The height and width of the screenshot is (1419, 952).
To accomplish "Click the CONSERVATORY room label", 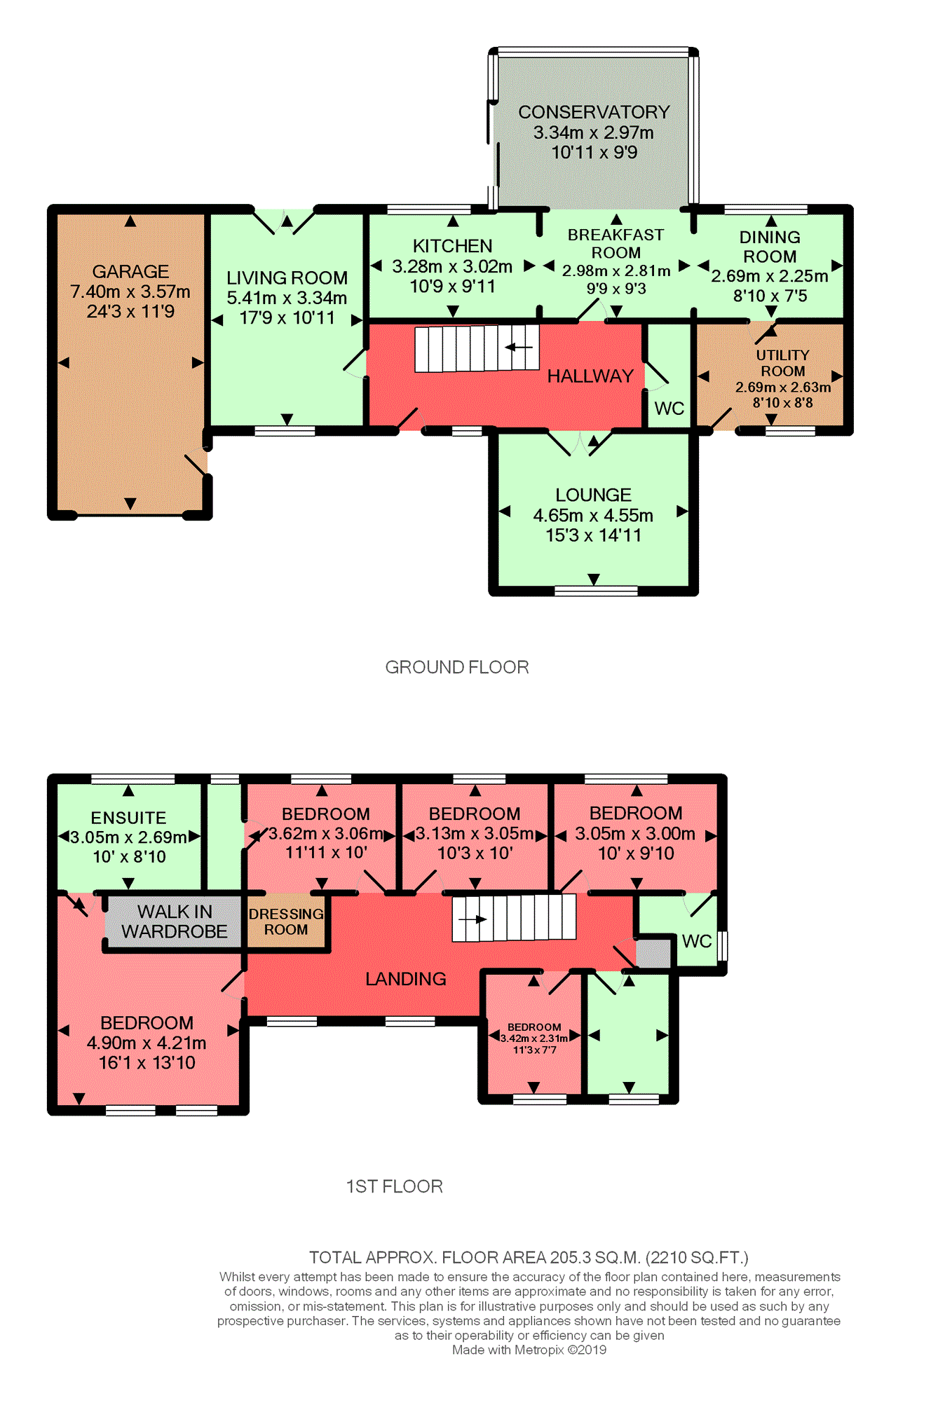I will [594, 112].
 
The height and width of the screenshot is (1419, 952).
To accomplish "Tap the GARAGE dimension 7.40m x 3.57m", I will [130, 292].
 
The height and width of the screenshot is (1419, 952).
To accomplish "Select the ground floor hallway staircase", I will [476, 348].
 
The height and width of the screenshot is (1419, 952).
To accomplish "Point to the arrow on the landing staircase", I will [472, 919].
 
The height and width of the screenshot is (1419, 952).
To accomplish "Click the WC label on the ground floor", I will [669, 409].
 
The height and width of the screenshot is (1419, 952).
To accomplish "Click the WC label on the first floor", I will [696, 941].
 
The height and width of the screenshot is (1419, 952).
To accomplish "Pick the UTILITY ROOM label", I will [782, 363].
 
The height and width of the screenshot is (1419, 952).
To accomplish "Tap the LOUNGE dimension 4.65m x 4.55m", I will [593, 516].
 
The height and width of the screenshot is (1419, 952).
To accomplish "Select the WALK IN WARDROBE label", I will [174, 921].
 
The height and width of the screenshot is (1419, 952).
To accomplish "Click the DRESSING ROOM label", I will [286, 921].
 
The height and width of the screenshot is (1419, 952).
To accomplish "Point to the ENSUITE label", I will [128, 818].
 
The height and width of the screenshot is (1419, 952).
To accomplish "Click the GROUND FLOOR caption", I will [457, 667].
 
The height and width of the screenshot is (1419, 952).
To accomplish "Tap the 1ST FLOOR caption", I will [395, 1186].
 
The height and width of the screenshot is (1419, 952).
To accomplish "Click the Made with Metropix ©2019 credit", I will [529, 1350].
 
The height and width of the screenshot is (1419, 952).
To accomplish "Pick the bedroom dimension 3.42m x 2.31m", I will [534, 1038].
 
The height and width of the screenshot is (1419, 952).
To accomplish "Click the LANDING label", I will [405, 979].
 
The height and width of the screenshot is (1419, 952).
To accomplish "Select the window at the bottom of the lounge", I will [596, 591].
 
